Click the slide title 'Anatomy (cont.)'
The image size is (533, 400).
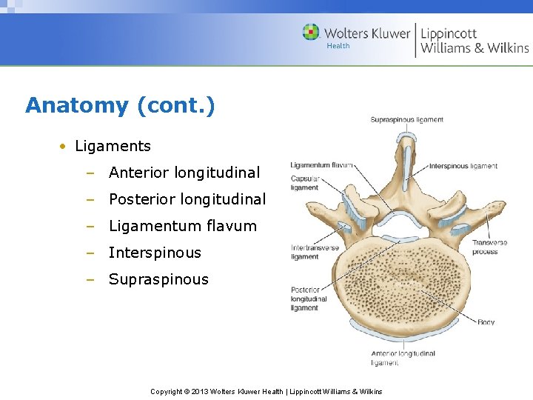point(120,105)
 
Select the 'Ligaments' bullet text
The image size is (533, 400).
point(113,146)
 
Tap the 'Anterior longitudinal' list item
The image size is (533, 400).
point(184,173)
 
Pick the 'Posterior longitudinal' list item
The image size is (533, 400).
point(187,199)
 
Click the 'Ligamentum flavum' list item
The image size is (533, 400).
point(182,226)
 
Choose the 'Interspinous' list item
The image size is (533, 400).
point(155,253)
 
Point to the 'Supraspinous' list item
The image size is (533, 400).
point(158,279)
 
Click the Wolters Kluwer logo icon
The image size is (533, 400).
point(311,33)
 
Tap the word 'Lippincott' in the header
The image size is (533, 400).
point(449,33)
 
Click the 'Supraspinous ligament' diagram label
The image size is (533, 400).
point(406,119)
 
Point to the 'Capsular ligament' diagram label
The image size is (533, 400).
point(304,183)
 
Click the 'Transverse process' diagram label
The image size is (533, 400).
point(489,247)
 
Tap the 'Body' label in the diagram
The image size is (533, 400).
point(486,322)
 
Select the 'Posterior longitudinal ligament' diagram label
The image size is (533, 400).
point(309,299)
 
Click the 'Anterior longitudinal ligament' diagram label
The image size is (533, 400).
point(403,358)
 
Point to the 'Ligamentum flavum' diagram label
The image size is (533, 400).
point(321,164)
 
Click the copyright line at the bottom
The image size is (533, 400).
point(266,391)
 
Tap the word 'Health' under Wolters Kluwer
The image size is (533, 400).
point(338,46)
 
